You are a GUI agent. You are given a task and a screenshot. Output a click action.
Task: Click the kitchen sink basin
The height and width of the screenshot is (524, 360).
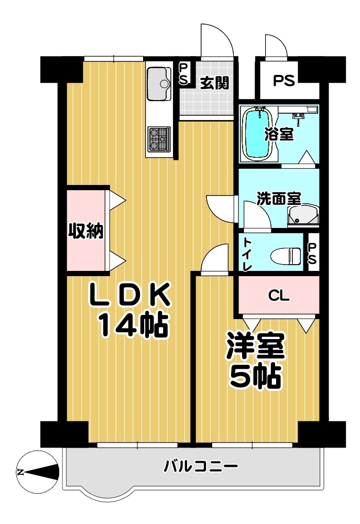click(x=159, y=83)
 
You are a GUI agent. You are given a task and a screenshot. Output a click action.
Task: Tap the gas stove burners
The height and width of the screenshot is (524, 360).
click(x=159, y=139)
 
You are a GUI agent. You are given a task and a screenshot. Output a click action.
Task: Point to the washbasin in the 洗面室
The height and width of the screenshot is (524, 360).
click(x=303, y=215)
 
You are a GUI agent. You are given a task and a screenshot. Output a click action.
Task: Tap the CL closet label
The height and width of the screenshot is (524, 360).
click(x=279, y=296)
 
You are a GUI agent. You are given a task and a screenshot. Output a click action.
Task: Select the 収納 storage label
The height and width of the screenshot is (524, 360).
click(x=86, y=231)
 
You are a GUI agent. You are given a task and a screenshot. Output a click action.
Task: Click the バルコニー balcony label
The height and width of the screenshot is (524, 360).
click(x=201, y=466)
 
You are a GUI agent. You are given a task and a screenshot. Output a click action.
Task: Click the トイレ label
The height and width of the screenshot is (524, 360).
click(x=247, y=254)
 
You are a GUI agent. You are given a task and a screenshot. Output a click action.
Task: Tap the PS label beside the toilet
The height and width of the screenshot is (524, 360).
click(x=312, y=254)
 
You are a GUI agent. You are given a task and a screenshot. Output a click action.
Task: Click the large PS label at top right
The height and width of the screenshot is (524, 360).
click(x=284, y=81)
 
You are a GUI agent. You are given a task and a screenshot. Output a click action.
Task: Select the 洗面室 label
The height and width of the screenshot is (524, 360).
click(x=279, y=199)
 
